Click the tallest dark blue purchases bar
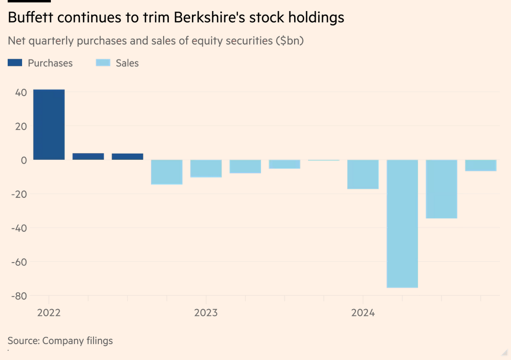tap(49, 124)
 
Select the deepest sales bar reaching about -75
tap(402, 224)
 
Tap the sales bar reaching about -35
tap(441, 189)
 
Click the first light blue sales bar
tap(166, 172)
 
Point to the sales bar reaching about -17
tap(363, 174)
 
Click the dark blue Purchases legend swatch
tap(15, 63)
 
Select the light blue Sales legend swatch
tap(103, 63)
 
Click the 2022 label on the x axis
tap(48, 313)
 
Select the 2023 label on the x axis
tap(206, 313)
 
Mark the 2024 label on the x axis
tap(363, 313)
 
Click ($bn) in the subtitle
tap(289, 41)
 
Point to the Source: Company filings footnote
tap(60, 341)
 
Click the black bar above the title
tap(29, 1)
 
